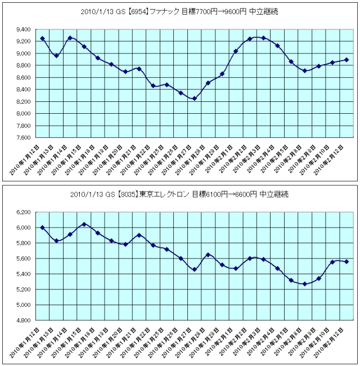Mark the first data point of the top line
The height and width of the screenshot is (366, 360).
coord(43,38)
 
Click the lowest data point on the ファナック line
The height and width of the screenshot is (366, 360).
coord(195,99)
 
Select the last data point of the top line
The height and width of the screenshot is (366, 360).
coord(346,60)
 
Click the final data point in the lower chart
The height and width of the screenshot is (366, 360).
coord(346,262)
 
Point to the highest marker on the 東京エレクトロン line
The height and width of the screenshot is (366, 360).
coord(84,224)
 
